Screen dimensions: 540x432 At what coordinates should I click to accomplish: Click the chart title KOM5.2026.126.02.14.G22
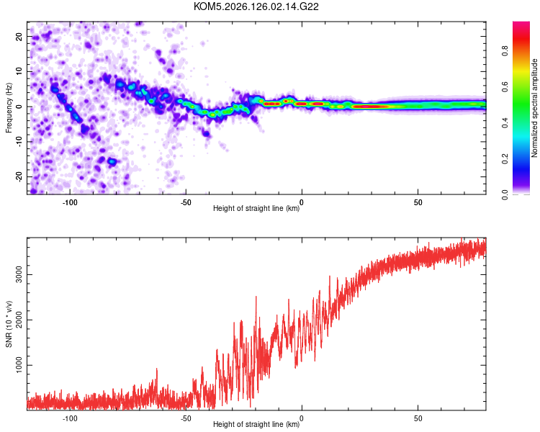[x=256, y=6]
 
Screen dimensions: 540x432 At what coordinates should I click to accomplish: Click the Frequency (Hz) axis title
[x=9, y=108]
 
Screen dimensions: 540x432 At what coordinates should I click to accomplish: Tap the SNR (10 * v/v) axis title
[x=9, y=324]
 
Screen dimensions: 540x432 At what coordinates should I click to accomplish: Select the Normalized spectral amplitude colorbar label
[x=534, y=108]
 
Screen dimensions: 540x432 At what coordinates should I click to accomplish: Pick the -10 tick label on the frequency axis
[x=19, y=142]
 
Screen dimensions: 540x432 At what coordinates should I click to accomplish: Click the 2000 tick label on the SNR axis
[x=19, y=320]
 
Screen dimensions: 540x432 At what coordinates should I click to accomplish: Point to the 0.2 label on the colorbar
[x=505, y=159]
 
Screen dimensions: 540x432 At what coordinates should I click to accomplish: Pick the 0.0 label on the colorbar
[x=505, y=194]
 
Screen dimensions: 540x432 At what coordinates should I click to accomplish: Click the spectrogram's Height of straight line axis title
[x=256, y=208]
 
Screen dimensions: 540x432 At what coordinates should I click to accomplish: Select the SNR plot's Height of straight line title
[x=256, y=424]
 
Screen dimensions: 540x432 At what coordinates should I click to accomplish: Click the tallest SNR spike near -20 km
[x=256, y=297]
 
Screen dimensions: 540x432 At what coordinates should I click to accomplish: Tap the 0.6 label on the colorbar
[x=505, y=87]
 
